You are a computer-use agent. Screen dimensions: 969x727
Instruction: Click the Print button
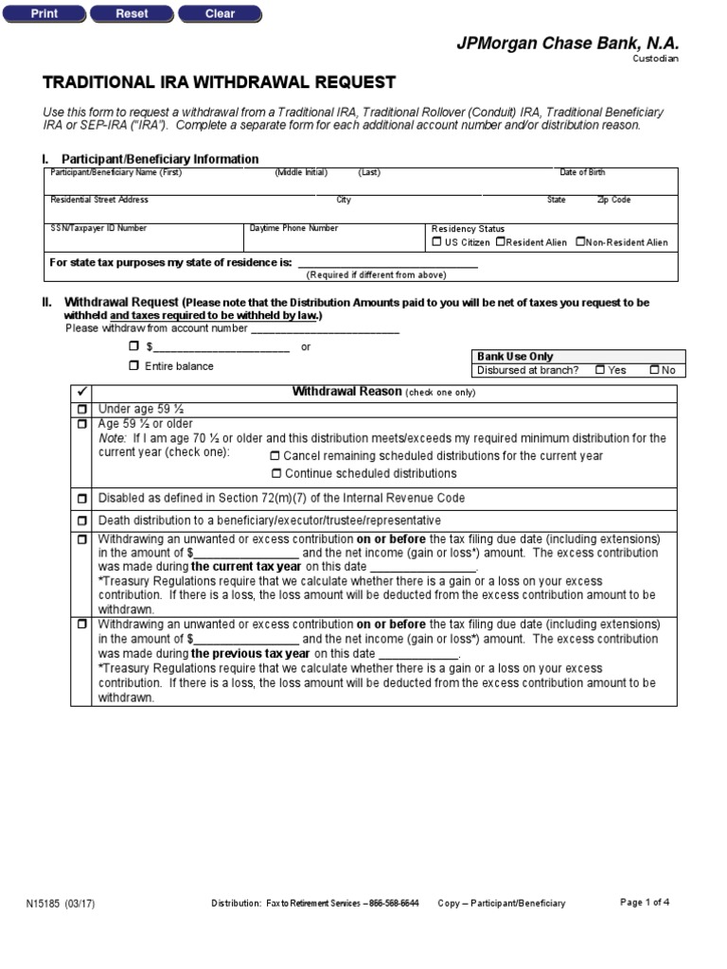[44, 13]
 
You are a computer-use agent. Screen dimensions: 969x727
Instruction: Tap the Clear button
[220, 13]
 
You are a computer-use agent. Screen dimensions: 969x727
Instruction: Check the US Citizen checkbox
[436, 242]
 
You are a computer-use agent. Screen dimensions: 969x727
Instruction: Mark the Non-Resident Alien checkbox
[580, 242]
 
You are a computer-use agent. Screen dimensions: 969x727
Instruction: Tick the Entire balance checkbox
[133, 365]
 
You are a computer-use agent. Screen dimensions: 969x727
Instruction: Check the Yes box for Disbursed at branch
[600, 370]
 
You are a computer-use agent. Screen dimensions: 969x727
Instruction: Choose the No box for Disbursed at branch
[654, 370]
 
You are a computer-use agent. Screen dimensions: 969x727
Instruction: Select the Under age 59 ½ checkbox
[82, 409]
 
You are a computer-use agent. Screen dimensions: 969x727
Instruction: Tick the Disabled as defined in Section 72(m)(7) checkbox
[82, 498]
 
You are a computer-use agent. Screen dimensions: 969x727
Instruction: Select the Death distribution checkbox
[82, 520]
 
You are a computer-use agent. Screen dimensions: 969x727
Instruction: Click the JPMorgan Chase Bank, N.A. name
[568, 44]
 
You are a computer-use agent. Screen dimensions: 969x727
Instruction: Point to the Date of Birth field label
[582, 172]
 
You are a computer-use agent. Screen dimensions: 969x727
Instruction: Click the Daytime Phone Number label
[293, 228]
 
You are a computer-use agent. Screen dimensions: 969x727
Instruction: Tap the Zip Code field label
[613, 200]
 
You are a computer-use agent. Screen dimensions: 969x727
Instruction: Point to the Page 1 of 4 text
[645, 902]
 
